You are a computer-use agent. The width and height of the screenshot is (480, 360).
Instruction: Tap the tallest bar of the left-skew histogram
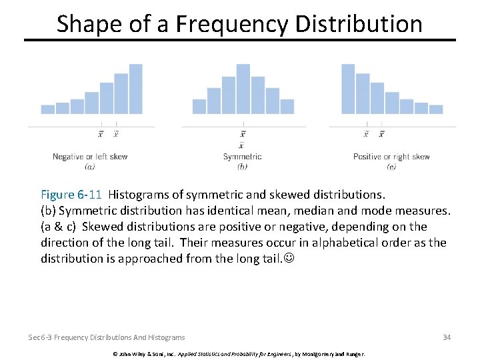[x=136, y=89]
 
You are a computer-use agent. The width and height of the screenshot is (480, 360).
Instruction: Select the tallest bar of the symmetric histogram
[x=243, y=89]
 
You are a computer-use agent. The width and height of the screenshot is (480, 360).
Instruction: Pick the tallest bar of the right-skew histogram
[x=347, y=89]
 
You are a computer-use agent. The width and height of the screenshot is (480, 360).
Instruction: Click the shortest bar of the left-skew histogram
[x=48, y=109]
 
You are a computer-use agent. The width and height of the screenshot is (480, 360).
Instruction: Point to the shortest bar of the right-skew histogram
[x=436, y=109]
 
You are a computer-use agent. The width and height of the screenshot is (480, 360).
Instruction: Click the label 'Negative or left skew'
[x=90, y=157]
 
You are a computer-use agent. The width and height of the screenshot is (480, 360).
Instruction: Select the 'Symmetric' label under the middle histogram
[x=242, y=157]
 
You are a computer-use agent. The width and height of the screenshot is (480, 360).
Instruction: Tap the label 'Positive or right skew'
[x=391, y=157]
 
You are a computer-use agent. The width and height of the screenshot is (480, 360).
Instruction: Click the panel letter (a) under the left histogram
[x=90, y=167]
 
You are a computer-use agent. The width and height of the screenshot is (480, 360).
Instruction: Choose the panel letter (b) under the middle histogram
[x=242, y=167]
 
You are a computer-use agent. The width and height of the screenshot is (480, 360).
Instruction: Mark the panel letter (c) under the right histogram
[x=391, y=167]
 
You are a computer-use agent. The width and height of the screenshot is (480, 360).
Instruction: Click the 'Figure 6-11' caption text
[x=71, y=195]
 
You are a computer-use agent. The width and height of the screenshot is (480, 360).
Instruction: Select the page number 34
[x=447, y=337]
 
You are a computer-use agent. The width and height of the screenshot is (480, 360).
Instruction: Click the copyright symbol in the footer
[x=115, y=353]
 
